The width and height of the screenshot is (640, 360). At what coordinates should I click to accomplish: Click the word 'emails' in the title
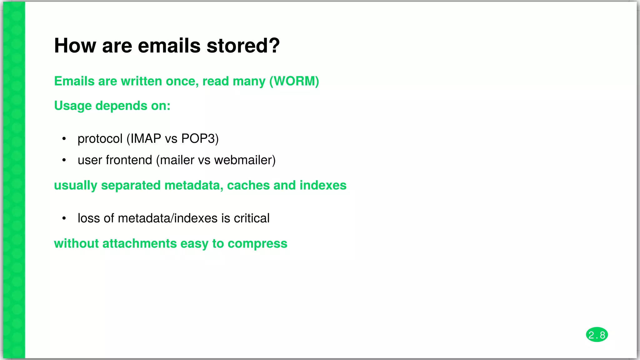click(x=169, y=46)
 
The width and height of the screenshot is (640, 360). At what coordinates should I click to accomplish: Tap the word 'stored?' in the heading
click(x=243, y=46)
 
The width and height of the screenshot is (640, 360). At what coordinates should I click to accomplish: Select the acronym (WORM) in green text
click(x=294, y=81)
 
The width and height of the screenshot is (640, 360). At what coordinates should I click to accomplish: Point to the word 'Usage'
click(x=73, y=106)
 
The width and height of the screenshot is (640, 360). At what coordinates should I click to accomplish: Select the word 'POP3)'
click(x=200, y=139)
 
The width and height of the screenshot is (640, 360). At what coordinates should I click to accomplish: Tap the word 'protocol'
click(x=100, y=139)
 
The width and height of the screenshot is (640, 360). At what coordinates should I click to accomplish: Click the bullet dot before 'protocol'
click(x=64, y=139)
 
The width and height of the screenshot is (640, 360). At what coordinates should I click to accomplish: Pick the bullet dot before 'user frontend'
click(x=64, y=160)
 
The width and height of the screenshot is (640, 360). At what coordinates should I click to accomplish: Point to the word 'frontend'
click(x=129, y=160)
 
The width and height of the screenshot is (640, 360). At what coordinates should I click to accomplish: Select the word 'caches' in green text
click(x=248, y=185)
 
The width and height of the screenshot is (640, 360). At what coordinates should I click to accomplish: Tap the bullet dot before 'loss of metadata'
click(x=64, y=218)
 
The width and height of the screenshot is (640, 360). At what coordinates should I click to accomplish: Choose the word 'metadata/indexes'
click(x=167, y=218)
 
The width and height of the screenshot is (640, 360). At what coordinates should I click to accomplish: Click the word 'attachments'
click(x=139, y=244)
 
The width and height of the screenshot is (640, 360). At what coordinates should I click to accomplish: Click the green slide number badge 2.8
click(x=597, y=335)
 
